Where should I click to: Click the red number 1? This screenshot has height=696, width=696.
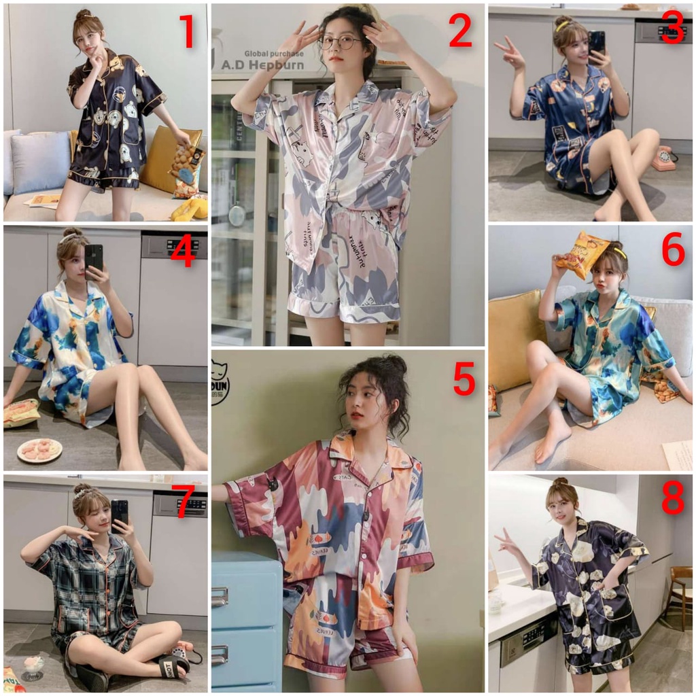[186, 32]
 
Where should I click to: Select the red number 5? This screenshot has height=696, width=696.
[464, 379]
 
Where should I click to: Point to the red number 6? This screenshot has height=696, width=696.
[673, 252]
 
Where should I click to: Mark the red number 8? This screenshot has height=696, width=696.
[672, 500]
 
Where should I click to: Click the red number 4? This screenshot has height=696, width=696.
[184, 253]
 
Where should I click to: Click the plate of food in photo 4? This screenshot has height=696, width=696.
[39, 449]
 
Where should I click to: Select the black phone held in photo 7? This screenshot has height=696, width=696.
[120, 515]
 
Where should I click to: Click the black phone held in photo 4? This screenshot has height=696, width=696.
[94, 257]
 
